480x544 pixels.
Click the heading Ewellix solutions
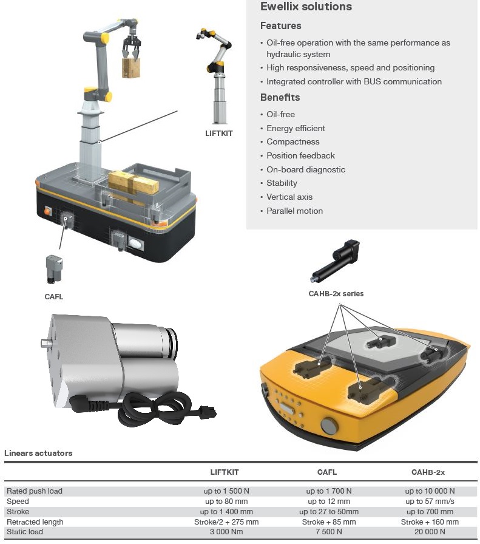306,7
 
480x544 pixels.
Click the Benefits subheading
280,97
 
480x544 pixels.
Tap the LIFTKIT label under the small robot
219,133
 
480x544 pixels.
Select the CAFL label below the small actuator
54,297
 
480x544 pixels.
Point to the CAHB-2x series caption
336,293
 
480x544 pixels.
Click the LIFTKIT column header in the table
225,472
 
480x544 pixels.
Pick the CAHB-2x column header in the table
428,472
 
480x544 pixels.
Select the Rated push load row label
35,491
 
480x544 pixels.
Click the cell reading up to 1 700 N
329,491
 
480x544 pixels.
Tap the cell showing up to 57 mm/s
430,501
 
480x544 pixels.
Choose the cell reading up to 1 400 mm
226,512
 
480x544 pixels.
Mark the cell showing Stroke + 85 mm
329,522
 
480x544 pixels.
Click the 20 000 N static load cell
430,531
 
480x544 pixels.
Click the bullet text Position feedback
300,156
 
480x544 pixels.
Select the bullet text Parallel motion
294,211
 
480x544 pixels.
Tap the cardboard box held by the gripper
130,67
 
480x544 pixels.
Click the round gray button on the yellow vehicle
329,426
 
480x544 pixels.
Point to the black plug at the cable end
208,412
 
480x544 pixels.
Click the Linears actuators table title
38,453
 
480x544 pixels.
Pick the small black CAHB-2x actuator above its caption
335,260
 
